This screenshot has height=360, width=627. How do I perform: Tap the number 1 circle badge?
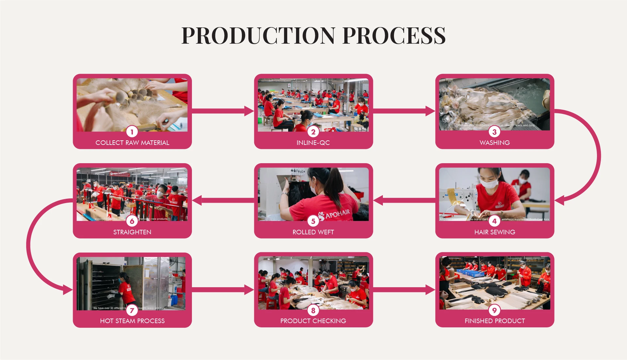pyautogui.click(x=132, y=132)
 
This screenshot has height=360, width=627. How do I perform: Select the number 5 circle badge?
pyautogui.click(x=313, y=221)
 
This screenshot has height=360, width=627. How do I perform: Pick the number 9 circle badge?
pyautogui.click(x=494, y=310)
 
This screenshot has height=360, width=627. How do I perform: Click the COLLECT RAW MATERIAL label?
pyautogui.click(x=132, y=143)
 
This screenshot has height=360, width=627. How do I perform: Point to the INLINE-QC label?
pyautogui.click(x=313, y=143)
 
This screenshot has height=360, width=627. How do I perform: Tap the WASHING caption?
pyautogui.click(x=494, y=143)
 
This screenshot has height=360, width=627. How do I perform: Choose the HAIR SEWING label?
pyautogui.click(x=494, y=232)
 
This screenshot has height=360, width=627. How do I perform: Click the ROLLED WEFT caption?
pyautogui.click(x=313, y=232)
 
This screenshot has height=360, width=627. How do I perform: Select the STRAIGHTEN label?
pyautogui.click(x=132, y=232)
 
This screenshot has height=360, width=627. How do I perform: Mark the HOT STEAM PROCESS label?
pyautogui.click(x=132, y=321)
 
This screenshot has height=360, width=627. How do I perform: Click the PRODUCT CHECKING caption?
pyautogui.click(x=313, y=321)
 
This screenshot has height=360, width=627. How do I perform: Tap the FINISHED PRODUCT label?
pyautogui.click(x=494, y=321)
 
